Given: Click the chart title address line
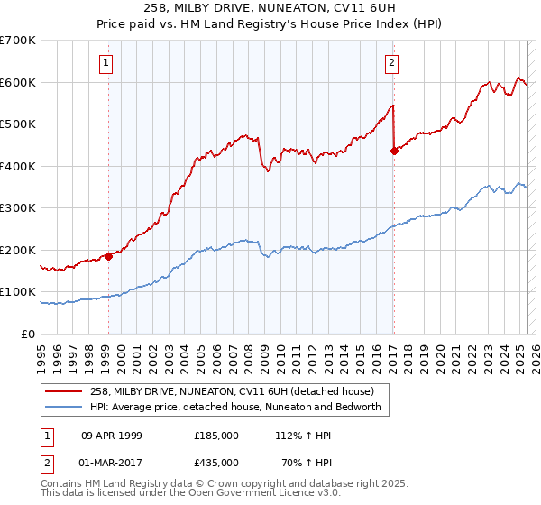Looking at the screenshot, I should pyautogui.click(x=270, y=6).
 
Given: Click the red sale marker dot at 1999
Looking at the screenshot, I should pyautogui.click(x=108, y=256).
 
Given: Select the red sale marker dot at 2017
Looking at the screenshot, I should pyautogui.click(x=394, y=151).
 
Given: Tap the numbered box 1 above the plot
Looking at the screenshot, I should pyautogui.click(x=106, y=62).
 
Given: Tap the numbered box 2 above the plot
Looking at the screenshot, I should pyautogui.click(x=392, y=62).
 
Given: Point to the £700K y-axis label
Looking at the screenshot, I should pyautogui.click(x=18, y=41).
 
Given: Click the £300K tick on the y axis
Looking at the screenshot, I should pyautogui.click(x=18, y=208).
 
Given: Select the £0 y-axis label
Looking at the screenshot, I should pyautogui.click(x=29, y=335).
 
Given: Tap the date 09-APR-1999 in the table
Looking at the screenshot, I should pyautogui.click(x=112, y=435).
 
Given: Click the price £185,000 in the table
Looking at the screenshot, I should pyautogui.click(x=216, y=435).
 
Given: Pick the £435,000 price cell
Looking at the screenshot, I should pyautogui.click(x=216, y=465).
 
